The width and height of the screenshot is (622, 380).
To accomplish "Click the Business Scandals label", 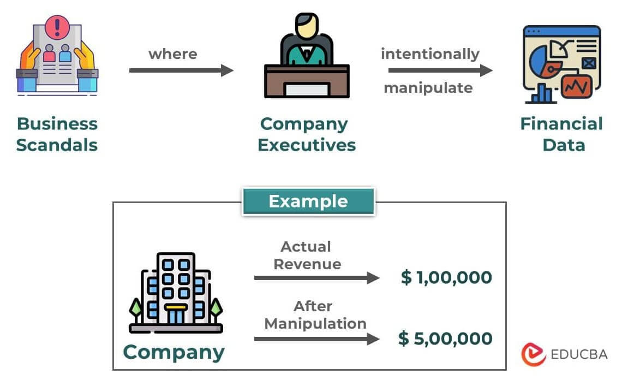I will point(57,134).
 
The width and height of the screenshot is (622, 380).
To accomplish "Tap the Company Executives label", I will point(307,134).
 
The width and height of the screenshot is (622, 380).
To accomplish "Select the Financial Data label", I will point(561,134).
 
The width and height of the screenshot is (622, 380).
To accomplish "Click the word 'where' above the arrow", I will point(172,54).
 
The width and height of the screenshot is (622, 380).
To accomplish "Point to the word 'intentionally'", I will point(430,54).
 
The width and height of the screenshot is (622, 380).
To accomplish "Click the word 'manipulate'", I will point(428,88).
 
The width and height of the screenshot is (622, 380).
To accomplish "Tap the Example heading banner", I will point(308,201).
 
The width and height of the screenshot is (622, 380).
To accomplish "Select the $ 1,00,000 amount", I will point(446,277).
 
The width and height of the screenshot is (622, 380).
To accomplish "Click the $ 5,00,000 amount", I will point(445,339).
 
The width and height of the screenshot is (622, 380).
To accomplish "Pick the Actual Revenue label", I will point(307,255).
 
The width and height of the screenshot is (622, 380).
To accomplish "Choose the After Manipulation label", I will point(315,314).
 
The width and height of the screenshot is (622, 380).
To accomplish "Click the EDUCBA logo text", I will point(579,354).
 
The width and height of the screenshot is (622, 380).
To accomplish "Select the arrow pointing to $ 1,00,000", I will point(316,278).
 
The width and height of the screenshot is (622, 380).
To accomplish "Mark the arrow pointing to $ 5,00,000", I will point(316,339).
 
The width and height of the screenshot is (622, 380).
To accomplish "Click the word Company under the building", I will point(174,352).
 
